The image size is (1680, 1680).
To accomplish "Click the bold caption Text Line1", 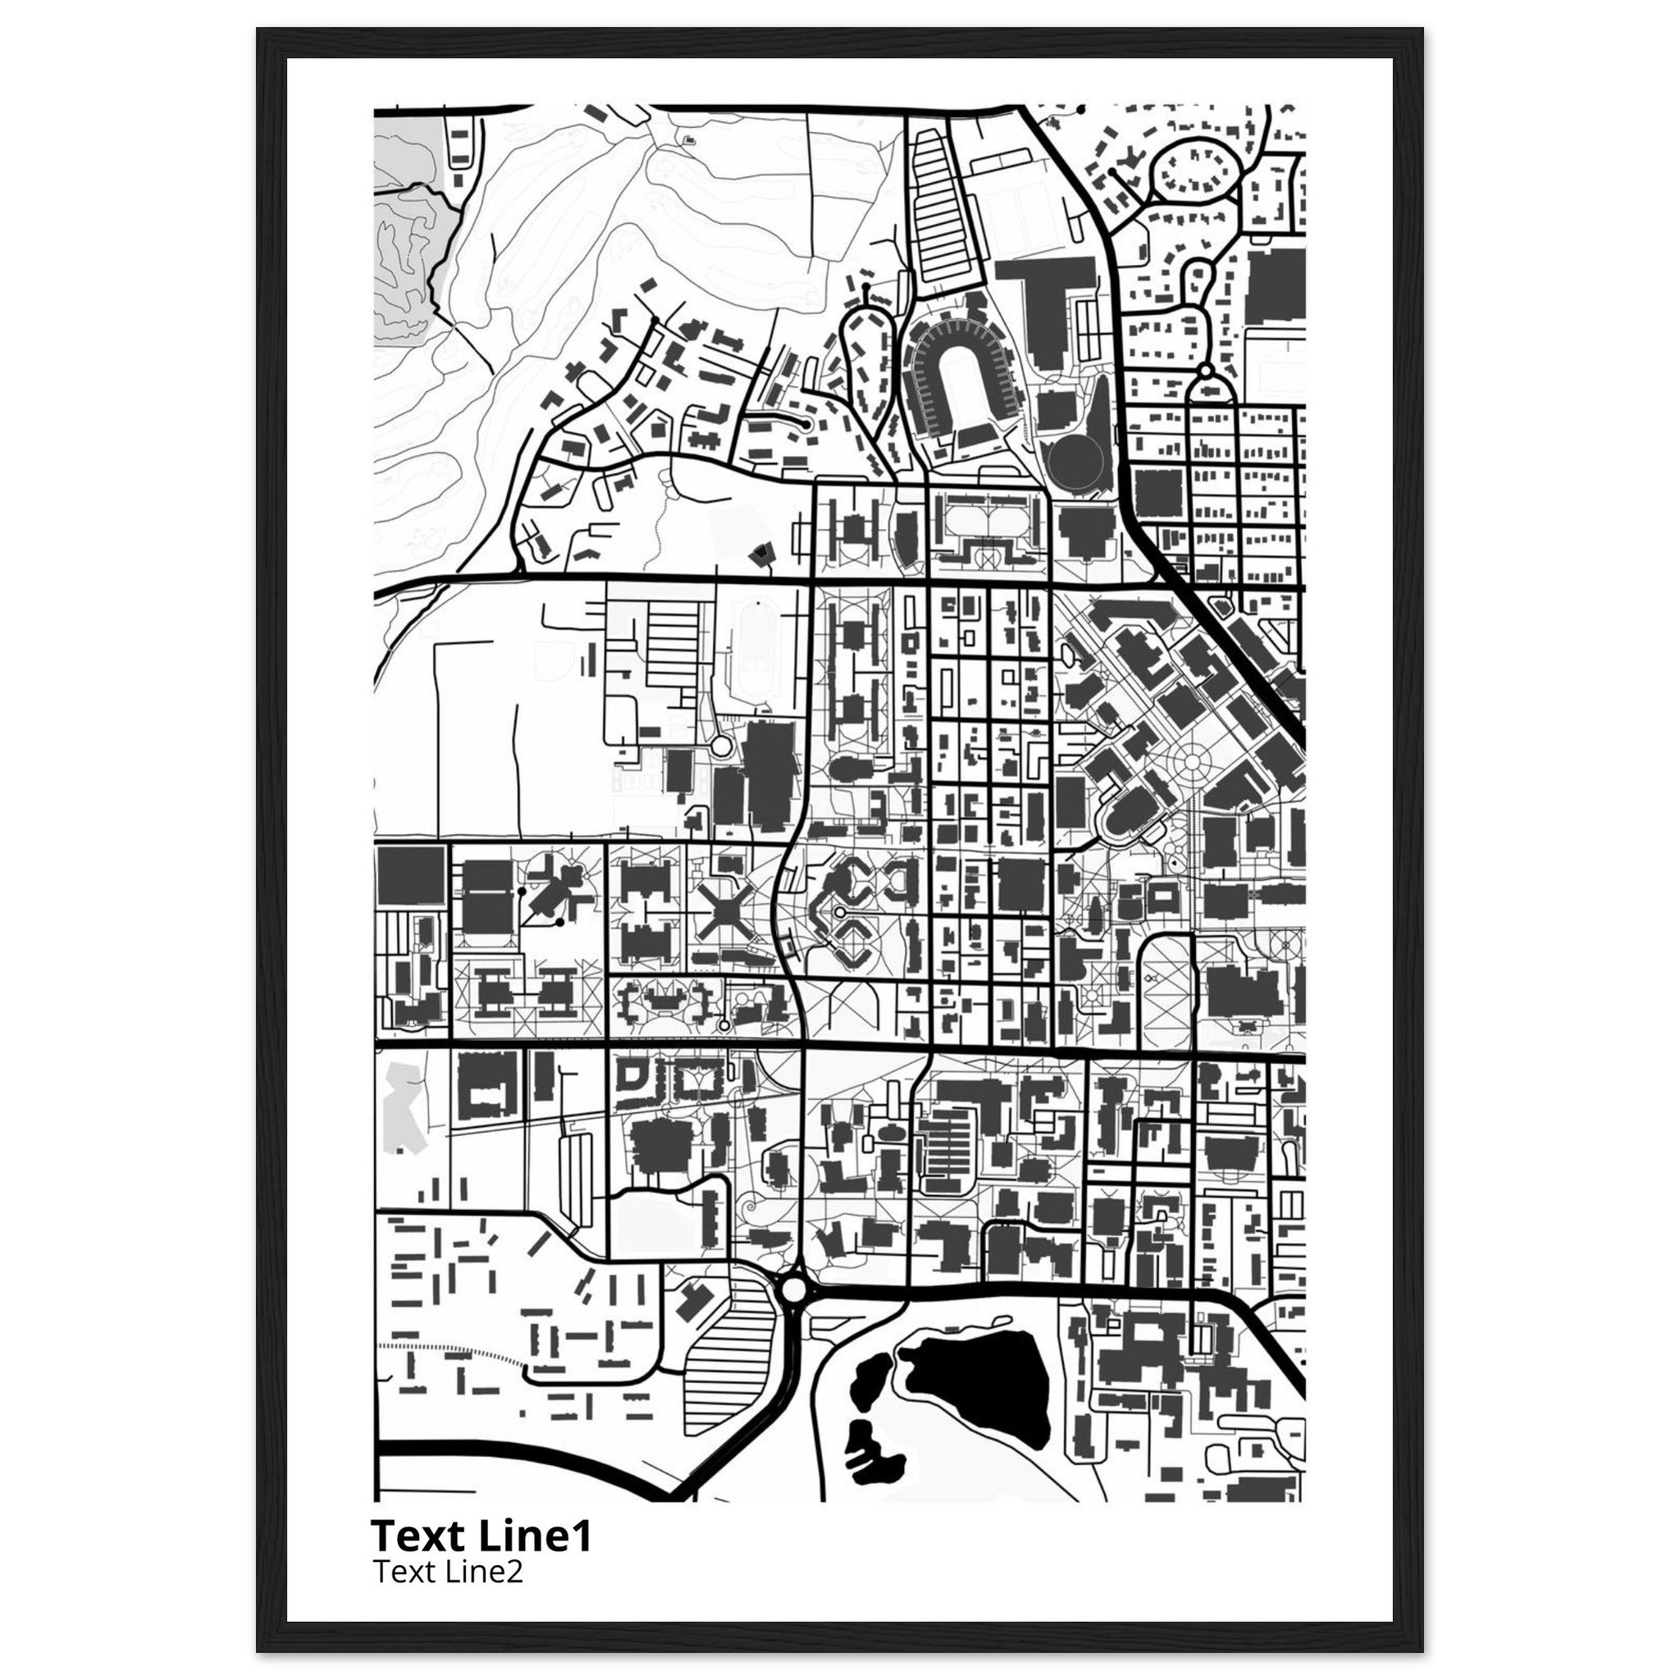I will [481, 1535].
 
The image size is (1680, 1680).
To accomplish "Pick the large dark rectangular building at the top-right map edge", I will [1275, 287].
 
